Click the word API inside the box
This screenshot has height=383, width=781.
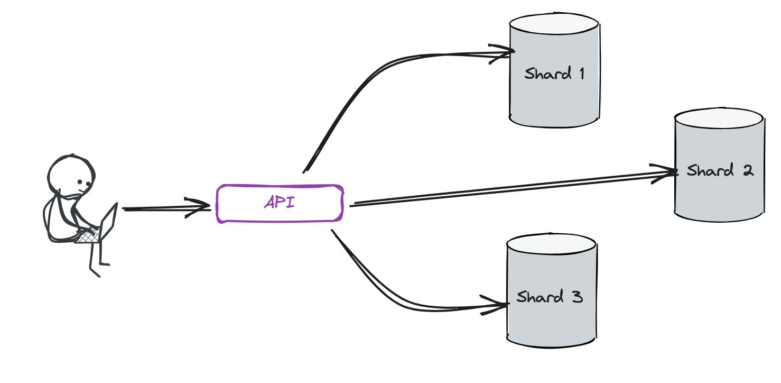pyautogui.click(x=279, y=203)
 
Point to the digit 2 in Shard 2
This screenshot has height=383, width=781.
pyautogui.click(x=747, y=170)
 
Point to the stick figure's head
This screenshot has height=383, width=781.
pyautogui.click(x=71, y=175)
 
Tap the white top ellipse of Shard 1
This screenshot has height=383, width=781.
pyautogui.click(x=554, y=24)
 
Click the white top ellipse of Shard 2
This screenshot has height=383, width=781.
pyautogui.click(x=720, y=120)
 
